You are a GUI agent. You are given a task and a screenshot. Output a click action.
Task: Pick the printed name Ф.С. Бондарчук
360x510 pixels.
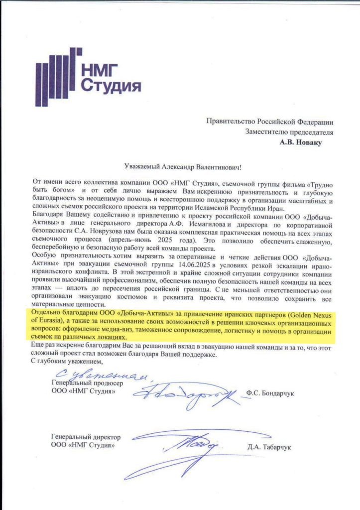pyautogui.click(x=271, y=393)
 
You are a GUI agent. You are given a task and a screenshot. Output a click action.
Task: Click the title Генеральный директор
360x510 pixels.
pyautogui.click(x=85, y=437)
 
